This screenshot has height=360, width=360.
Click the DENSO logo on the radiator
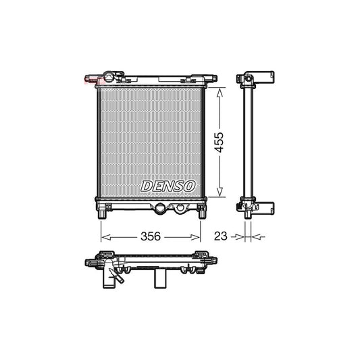click(168, 186)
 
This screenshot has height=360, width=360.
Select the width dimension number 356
click(150, 236)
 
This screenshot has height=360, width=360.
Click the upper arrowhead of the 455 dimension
click(217, 91)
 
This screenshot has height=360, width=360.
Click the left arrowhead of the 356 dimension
click(103, 236)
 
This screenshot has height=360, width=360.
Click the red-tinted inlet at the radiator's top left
click(88, 80)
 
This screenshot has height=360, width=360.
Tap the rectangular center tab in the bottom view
click(159, 277)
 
